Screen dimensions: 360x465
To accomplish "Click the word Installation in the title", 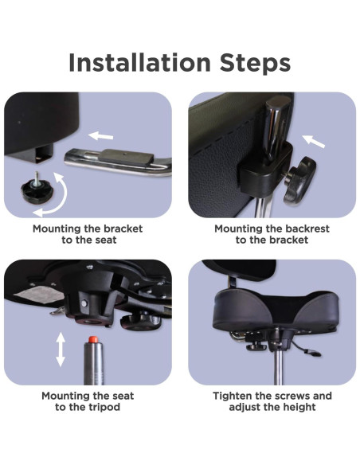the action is (x=139, y=63).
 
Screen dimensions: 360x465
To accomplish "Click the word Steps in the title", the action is (x=255, y=63).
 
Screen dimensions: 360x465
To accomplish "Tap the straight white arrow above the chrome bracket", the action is (x=101, y=136).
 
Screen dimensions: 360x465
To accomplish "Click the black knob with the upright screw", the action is (x=37, y=190).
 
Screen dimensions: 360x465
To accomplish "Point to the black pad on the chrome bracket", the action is (x=127, y=157).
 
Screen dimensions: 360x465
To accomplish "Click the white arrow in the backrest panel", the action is (x=314, y=141).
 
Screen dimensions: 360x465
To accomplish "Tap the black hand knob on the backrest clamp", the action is (x=299, y=182).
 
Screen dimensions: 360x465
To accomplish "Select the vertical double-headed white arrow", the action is (x=61, y=350).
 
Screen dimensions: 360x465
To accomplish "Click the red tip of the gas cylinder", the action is (x=93, y=339).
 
